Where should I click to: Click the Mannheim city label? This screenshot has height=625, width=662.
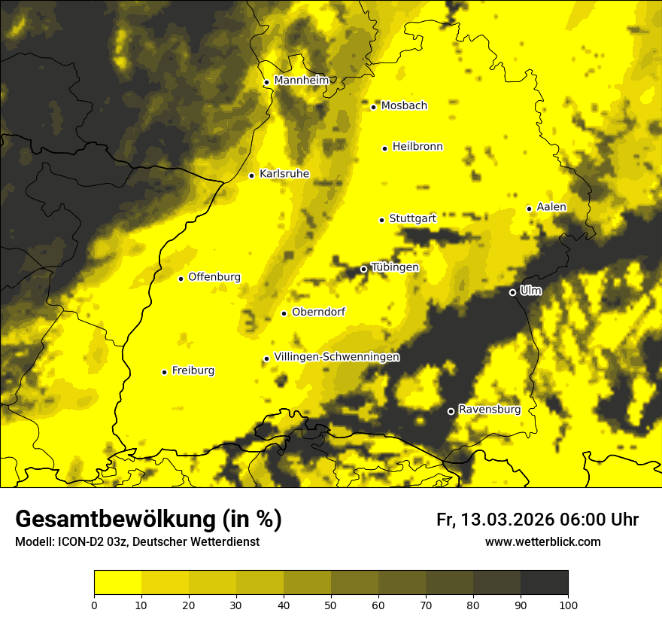pyautogui.click(x=302, y=81)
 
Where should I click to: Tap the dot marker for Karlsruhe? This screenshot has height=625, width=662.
pyautogui.click(x=251, y=175)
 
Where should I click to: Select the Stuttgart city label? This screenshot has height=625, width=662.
pyautogui.click(x=413, y=218)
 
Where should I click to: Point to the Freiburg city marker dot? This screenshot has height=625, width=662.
pyautogui.click(x=164, y=371)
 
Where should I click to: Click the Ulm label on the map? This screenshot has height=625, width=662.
pyautogui.click(x=530, y=291)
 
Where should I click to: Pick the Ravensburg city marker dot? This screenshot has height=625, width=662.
pyautogui.click(x=451, y=411)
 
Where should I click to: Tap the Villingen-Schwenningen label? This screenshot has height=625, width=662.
pyautogui.click(x=337, y=357)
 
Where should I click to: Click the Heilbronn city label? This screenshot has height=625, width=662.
pyautogui.click(x=418, y=147)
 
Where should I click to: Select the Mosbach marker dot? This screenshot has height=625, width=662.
pyautogui.click(x=373, y=107)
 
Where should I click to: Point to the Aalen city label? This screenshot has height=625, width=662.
pyautogui.click(x=552, y=207)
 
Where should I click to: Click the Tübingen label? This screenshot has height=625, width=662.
pyautogui.click(x=395, y=267)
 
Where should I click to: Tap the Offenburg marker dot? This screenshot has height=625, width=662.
pyautogui.click(x=181, y=279)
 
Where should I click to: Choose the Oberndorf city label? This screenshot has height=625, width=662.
pyautogui.click(x=319, y=312)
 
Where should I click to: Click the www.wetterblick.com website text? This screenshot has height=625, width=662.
pyautogui.click(x=542, y=541)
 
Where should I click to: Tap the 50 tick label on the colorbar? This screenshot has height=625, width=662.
pyautogui.click(x=331, y=604)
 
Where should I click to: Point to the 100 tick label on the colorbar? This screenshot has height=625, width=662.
pyautogui.click(x=568, y=604)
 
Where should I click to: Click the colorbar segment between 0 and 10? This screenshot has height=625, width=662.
pyautogui.click(x=117, y=583)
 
